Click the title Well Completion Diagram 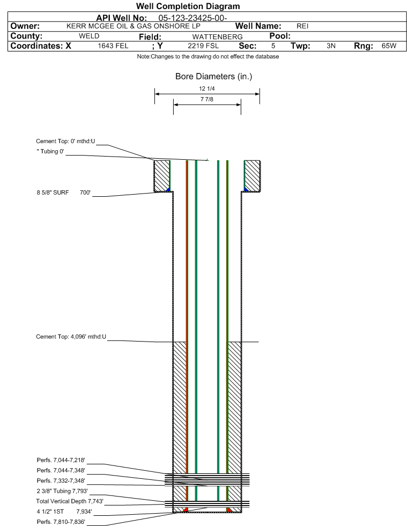pos(188,6)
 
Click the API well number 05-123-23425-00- pos(193,18)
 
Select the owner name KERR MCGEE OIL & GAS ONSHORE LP pos(133,26)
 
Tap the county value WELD pos(89,36)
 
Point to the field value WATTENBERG pos(217,36)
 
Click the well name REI pos(302,26)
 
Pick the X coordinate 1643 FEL pos(113,46)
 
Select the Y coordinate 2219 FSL pos(203,46)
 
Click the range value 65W pos(389,46)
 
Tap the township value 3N pos(331,46)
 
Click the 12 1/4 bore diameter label pos(206,88)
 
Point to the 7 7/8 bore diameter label pos(206,99)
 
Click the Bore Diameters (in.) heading pos(214,77)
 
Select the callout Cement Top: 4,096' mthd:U pos(71,337)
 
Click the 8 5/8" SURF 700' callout pos(64,192)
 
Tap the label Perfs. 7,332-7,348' pos(61,481)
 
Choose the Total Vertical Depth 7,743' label pos(70,501)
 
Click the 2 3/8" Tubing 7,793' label pos(62,491)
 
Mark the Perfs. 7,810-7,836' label pos(61,522)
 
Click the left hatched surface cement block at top pos(162,176)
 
